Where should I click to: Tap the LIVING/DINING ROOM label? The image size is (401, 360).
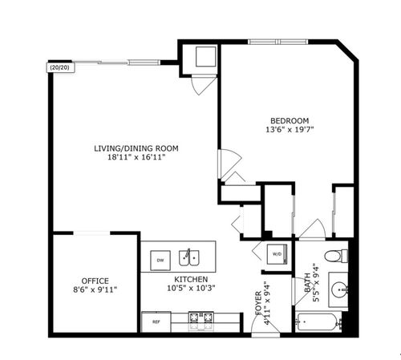(x=136, y=148)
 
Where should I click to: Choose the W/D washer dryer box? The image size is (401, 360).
(x=277, y=254)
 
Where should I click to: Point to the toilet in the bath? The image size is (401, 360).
(x=342, y=256)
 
